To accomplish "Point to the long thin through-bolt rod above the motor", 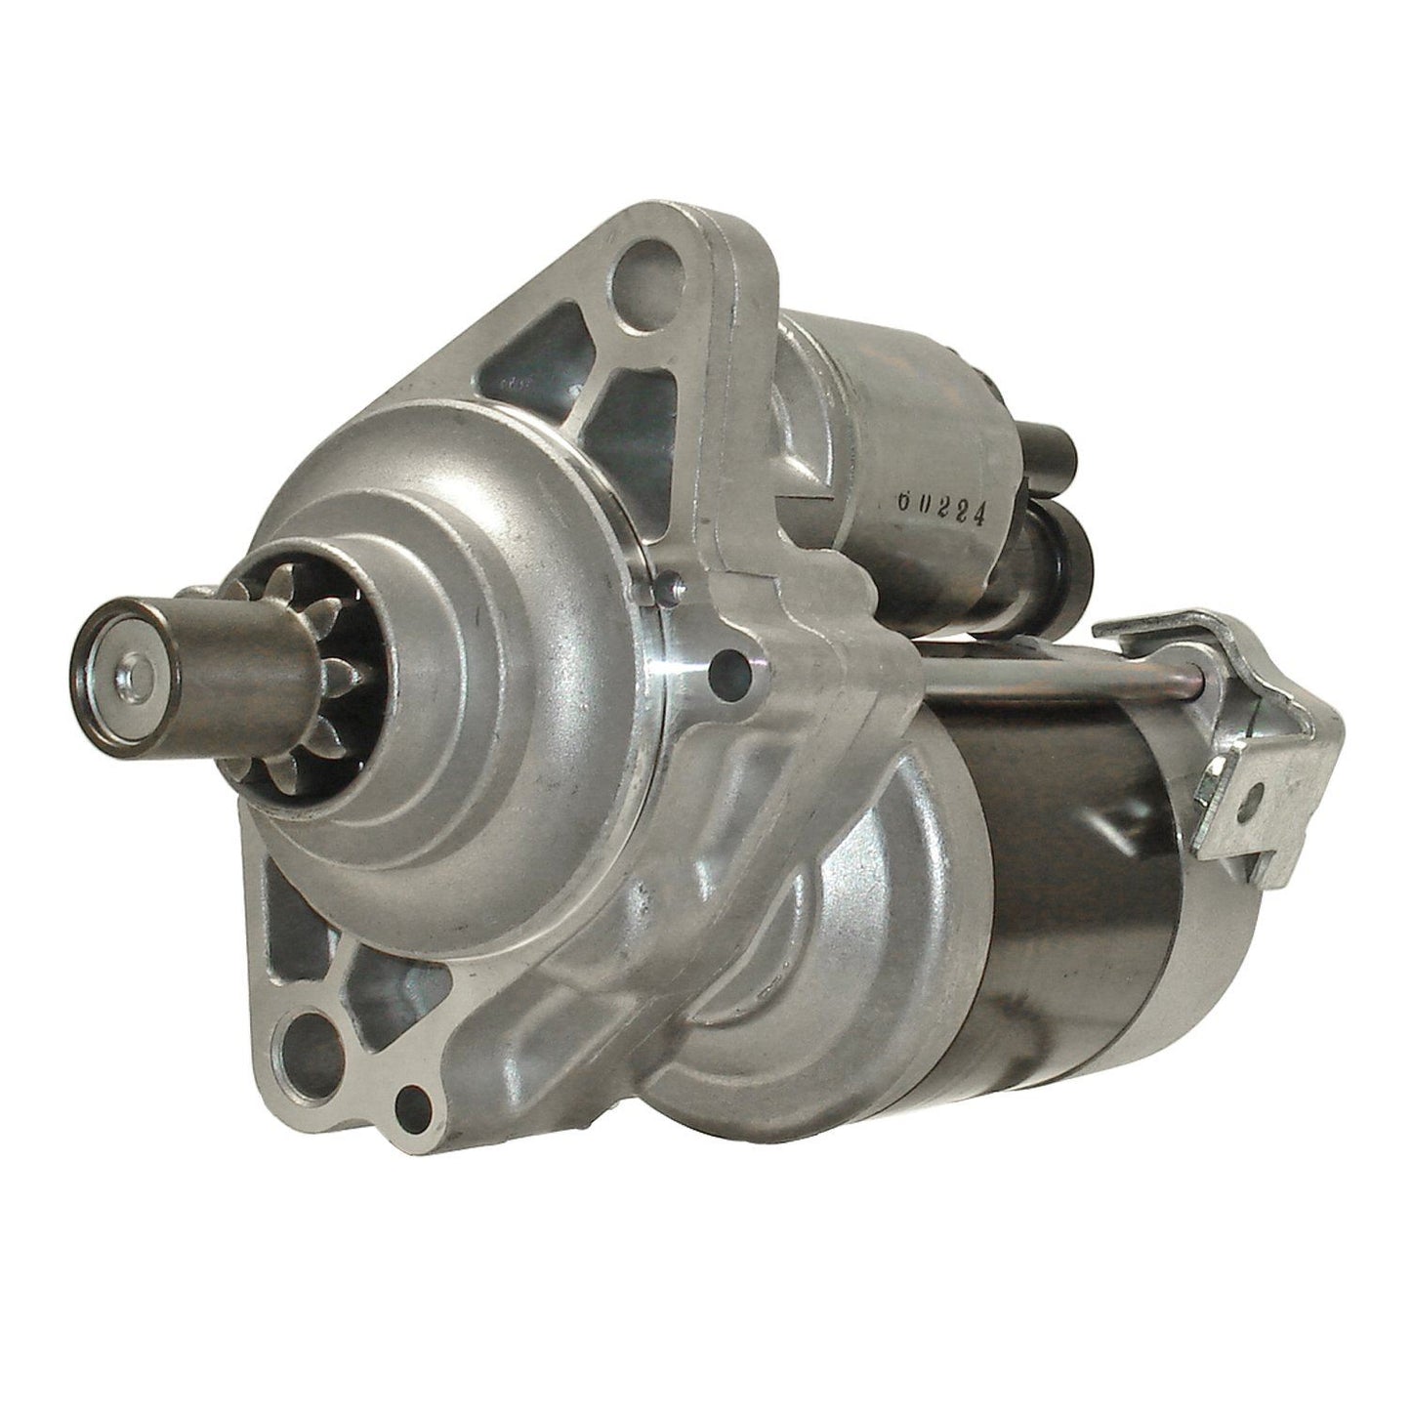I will click(1035, 674).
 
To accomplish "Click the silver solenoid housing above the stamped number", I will click(879, 391).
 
